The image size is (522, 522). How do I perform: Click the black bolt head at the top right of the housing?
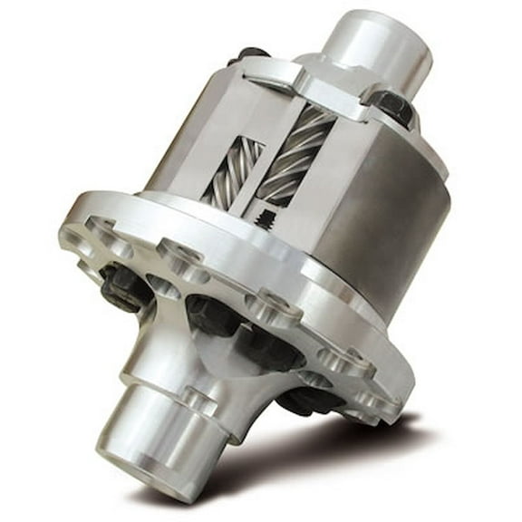(392, 106)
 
